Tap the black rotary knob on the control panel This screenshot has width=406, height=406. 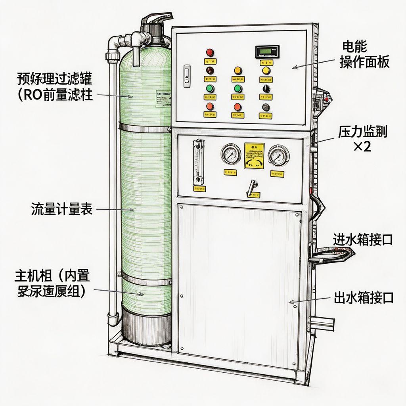click(x=266, y=88)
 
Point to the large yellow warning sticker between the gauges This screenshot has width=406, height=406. click(x=254, y=155)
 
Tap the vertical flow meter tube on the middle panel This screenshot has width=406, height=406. click(x=197, y=161)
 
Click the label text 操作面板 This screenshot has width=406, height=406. click(x=364, y=63)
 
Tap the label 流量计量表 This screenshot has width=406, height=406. click(x=61, y=209)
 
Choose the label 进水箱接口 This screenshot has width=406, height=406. click(x=363, y=239)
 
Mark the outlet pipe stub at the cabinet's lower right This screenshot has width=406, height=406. click(x=322, y=324)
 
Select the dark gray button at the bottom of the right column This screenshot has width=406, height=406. click(x=266, y=107)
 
